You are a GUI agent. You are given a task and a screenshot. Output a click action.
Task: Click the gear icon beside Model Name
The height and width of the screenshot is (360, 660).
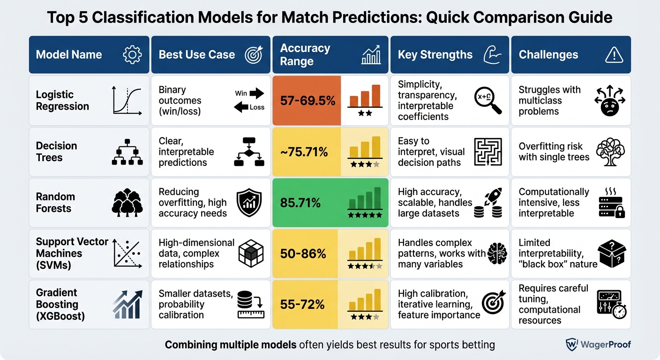pyautogui.click(x=132, y=55)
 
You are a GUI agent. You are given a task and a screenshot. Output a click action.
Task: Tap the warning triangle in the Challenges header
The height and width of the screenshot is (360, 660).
pyautogui.click(x=614, y=55)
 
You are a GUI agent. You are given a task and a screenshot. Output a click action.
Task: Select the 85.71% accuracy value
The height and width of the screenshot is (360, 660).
pyautogui.click(x=300, y=203)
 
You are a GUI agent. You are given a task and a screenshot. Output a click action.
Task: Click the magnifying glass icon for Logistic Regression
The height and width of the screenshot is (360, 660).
pyautogui.click(x=487, y=100)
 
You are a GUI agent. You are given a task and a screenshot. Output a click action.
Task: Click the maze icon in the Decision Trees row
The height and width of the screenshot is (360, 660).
pyautogui.click(x=487, y=152)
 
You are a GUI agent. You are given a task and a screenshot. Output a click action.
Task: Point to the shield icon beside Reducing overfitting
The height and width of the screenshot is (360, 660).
pyautogui.click(x=247, y=203)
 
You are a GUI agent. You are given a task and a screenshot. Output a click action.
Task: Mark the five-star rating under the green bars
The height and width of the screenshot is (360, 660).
pyautogui.click(x=365, y=215)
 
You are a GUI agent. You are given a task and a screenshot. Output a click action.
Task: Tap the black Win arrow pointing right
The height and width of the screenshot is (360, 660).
pyautogui.click(x=256, y=94)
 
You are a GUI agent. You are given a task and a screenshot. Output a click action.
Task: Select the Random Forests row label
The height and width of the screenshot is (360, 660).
pyautogui.click(x=55, y=202)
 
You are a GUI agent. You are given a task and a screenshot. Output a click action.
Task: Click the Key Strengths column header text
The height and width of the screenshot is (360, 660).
pyautogui.click(x=435, y=55)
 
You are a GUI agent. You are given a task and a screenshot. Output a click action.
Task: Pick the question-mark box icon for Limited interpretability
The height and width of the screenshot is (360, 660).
pyautogui.click(x=613, y=254)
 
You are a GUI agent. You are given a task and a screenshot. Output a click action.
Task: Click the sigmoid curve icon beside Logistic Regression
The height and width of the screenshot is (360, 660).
pyautogui.click(x=127, y=100)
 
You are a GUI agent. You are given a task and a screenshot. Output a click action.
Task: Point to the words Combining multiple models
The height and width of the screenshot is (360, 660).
pyautogui.click(x=230, y=345)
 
